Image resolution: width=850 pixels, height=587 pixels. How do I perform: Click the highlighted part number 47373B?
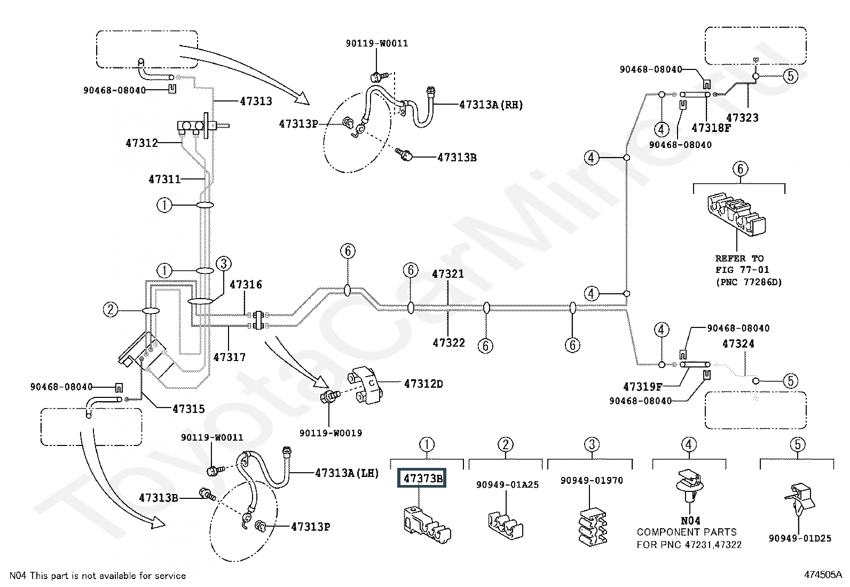point(422,478)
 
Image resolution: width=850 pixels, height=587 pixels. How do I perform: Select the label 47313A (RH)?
point(491,105)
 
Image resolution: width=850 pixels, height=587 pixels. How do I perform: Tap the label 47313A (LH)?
point(347,473)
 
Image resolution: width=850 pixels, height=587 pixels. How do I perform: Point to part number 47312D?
point(423,384)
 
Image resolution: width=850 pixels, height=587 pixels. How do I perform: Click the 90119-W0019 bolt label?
point(330,433)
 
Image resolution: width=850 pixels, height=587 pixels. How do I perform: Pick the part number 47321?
point(448,274)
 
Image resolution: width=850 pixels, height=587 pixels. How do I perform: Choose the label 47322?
point(448,343)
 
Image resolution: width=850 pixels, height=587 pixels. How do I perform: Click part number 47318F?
point(711,128)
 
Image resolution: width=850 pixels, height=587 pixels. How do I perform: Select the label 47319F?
point(642,387)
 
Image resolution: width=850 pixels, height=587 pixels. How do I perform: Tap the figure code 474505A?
point(823,575)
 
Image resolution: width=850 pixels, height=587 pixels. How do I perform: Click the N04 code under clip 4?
point(690,521)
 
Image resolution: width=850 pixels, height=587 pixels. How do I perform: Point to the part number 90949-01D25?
point(800,538)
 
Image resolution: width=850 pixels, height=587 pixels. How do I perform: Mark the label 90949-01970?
point(592,481)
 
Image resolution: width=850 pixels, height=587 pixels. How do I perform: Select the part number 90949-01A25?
point(507,485)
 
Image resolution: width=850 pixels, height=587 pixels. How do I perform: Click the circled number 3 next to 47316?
point(224,263)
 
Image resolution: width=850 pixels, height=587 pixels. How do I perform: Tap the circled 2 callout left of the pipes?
point(111,309)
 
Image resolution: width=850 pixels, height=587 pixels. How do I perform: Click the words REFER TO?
point(739,259)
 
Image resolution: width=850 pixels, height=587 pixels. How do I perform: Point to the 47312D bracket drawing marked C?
point(365,385)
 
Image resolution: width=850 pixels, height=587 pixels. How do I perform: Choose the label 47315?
point(188,409)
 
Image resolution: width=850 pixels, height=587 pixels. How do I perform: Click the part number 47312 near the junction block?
point(141,143)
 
